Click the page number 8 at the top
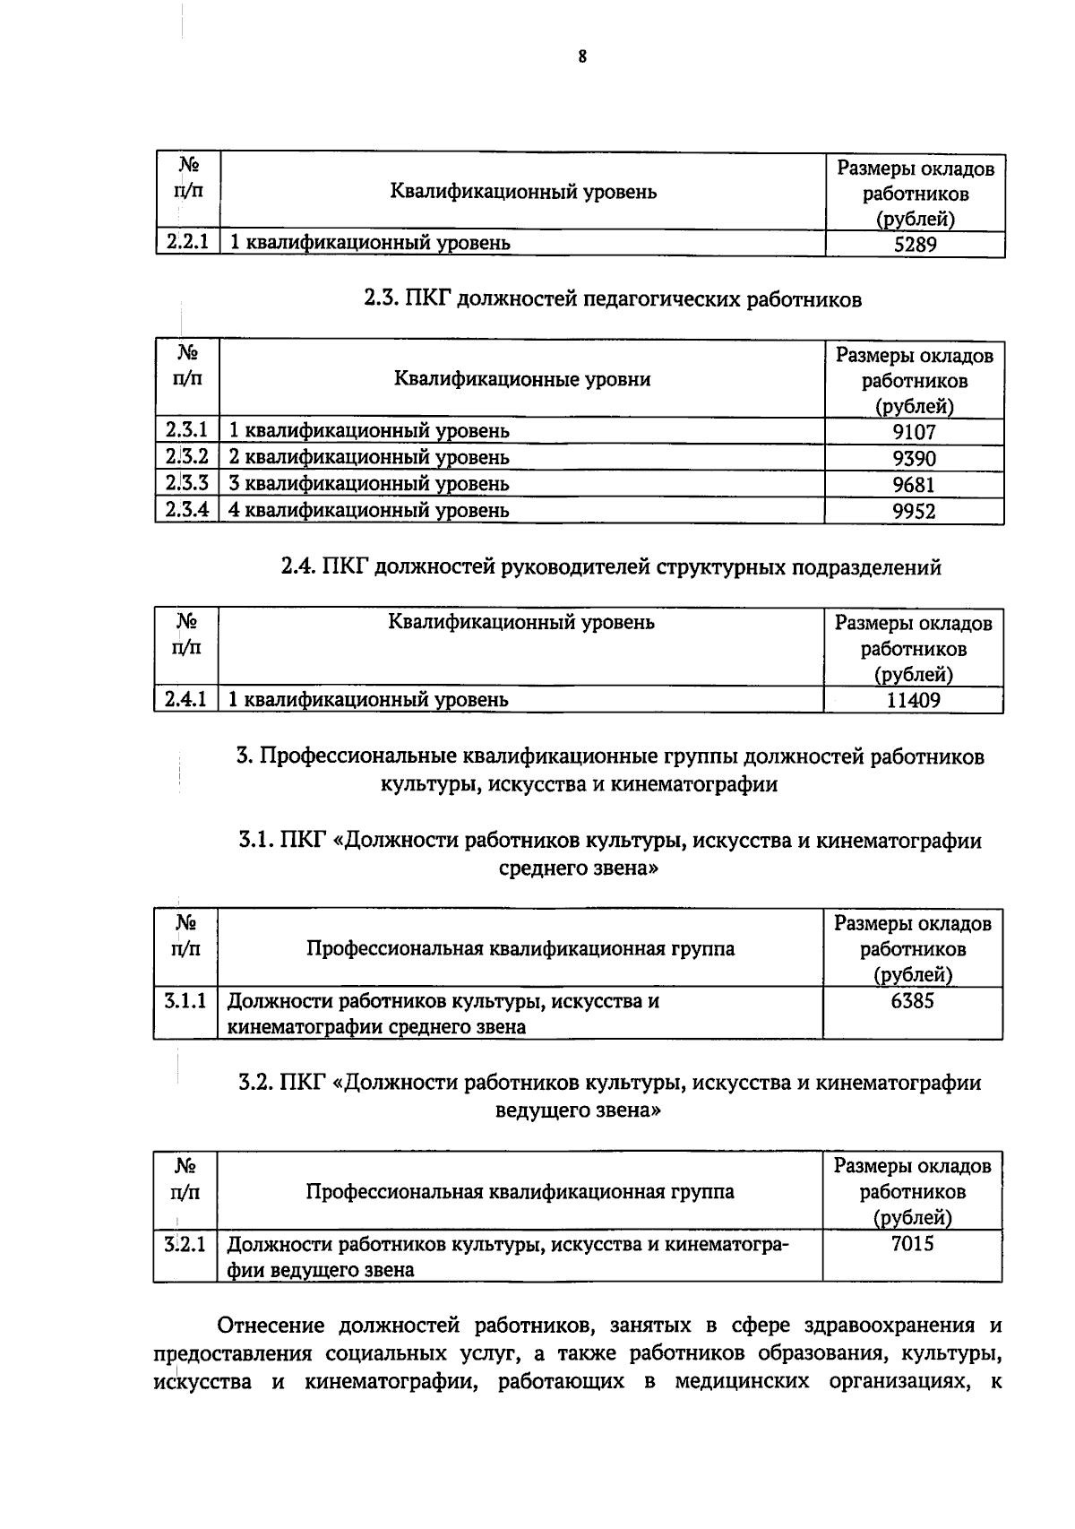pyautogui.click(x=582, y=57)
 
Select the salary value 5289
pyautogui.click(x=915, y=244)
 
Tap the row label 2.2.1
pyautogui.click(x=187, y=242)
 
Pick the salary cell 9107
pyautogui.click(x=914, y=432)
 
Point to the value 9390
pyautogui.click(x=914, y=459)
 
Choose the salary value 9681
pyautogui.click(x=914, y=485)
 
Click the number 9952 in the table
pyautogui.click(x=914, y=511)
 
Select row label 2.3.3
pyautogui.click(x=187, y=483)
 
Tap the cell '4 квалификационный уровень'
pyautogui.click(x=369, y=510)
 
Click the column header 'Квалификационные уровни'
pyautogui.click(x=522, y=379)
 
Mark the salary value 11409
pyautogui.click(x=913, y=700)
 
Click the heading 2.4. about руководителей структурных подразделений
pyautogui.click(x=611, y=567)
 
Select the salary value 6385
pyautogui.click(x=912, y=1001)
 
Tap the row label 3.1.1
pyautogui.click(x=185, y=1000)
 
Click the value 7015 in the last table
pyautogui.click(x=912, y=1244)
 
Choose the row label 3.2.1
pyautogui.click(x=185, y=1244)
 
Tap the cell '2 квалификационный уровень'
pyautogui.click(x=369, y=457)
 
